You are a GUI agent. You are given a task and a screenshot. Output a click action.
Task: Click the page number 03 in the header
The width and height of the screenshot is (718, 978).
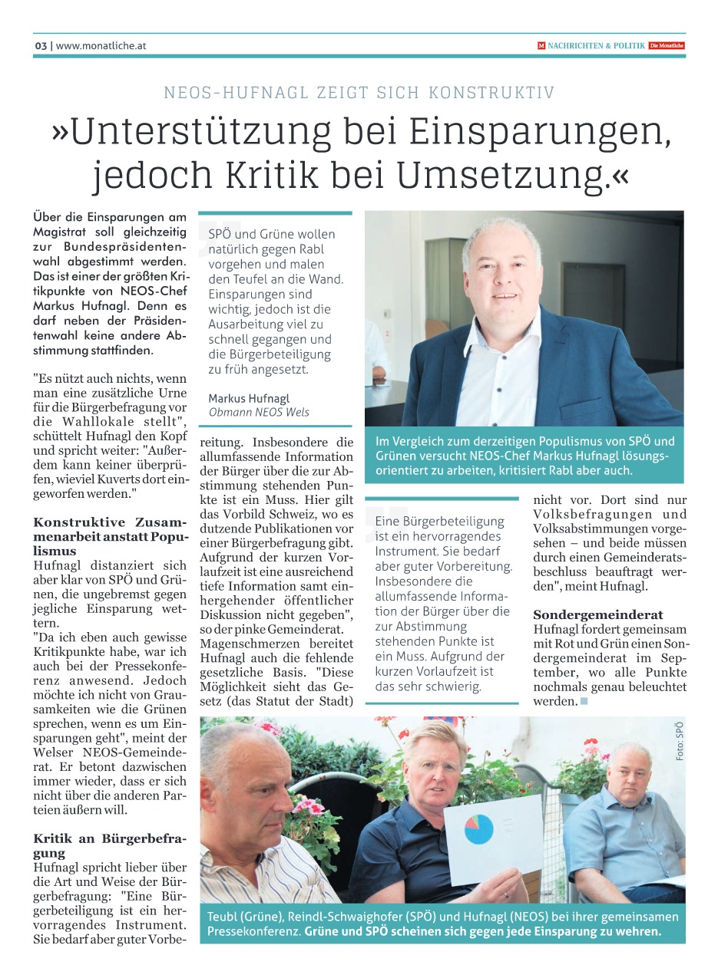(x=41, y=46)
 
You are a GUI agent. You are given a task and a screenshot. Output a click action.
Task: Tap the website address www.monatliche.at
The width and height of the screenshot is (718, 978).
(x=101, y=46)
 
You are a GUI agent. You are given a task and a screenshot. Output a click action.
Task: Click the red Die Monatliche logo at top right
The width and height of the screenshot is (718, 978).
(x=666, y=46)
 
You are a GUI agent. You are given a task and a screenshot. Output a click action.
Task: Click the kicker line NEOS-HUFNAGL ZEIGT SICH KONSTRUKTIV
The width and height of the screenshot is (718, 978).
(x=359, y=94)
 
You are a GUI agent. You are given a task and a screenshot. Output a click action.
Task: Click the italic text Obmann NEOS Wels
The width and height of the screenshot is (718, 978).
(x=259, y=412)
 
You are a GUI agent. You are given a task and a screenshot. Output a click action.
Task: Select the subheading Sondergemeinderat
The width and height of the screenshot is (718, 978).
(x=598, y=615)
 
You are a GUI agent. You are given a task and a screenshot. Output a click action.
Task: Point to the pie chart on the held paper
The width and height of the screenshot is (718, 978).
(x=478, y=829)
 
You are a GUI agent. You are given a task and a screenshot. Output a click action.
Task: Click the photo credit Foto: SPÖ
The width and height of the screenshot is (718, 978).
(x=680, y=742)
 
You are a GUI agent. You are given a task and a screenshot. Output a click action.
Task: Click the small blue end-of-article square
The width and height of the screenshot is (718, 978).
(x=584, y=702)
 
